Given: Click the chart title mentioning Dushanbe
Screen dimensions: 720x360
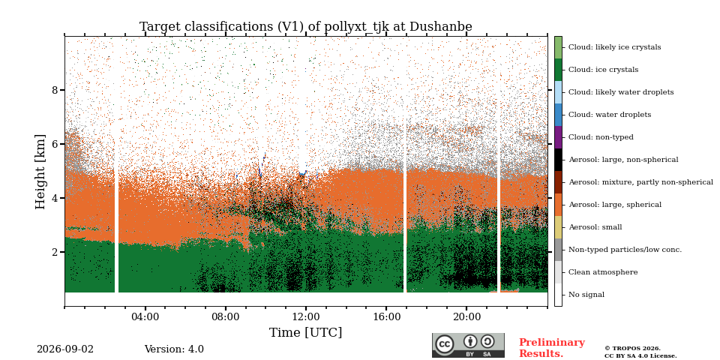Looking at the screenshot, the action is tap(306, 27).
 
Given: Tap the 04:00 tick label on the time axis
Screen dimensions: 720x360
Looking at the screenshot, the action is tap(145, 316).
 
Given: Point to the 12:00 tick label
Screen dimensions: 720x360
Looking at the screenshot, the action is tap(306, 316).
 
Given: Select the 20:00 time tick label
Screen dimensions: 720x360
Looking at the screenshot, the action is tap(466, 316).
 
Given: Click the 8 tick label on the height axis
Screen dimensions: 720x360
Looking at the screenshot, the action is tap(55, 90).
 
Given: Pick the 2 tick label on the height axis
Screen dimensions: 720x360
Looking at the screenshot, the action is tap(55, 252).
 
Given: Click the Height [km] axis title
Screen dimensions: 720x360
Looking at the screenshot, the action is tap(40, 172).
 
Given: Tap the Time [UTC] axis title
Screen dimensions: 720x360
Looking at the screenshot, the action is tap(306, 332).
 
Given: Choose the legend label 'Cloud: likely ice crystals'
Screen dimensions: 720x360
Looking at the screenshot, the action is tap(615, 47).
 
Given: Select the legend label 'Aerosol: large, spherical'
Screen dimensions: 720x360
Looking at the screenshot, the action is tap(615, 205).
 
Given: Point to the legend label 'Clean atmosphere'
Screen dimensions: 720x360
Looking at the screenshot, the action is tap(603, 272).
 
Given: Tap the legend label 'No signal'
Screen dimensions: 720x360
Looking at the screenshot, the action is tap(586, 295).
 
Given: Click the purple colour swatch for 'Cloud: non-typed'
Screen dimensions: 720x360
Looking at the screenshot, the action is tap(558, 137).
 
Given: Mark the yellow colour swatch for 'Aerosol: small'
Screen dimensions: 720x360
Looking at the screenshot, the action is tap(558, 227).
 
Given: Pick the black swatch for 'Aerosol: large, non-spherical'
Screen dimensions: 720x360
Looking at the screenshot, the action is tap(558, 160).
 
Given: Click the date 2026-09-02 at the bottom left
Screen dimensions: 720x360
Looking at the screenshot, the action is tap(65, 349).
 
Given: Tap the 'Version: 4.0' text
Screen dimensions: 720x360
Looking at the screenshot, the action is tap(174, 349).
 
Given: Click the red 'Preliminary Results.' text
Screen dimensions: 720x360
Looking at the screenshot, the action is tap(552, 348).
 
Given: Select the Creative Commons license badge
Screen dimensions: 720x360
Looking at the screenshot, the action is tap(468, 345).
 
